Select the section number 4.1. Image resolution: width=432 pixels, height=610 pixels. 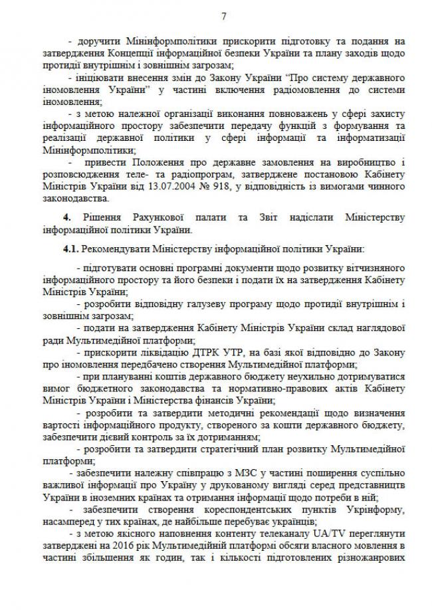click(x=69, y=249)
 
